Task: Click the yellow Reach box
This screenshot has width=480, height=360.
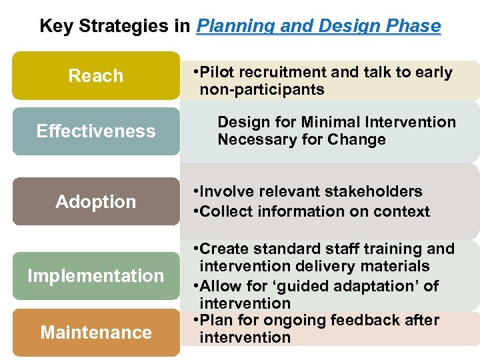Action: pyautogui.click(x=96, y=76)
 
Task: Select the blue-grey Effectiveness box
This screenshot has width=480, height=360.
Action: pyautogui.click(x=96, y=131)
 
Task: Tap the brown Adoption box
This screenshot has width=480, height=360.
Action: pyautogui.click(x=96, y=201)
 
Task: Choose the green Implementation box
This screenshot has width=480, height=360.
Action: pyautogui.click(x=96, y=275)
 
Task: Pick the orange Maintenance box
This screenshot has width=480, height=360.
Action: pyautogui.click(x=96, y=332)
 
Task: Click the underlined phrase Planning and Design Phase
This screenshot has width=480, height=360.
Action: pyautogui.click(x=319, y=27)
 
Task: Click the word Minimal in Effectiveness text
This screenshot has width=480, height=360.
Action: pyautogui.click(x=331, y=122)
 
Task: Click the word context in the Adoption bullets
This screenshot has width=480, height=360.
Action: pyautogui.click(x=405, y=212)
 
